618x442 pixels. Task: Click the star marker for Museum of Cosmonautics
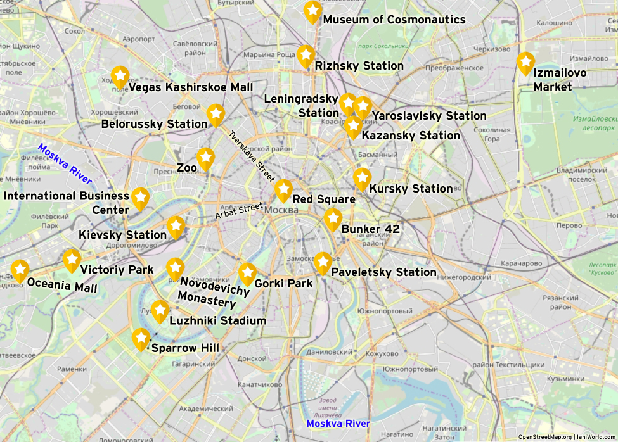(312, 12)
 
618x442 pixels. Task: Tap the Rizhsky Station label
(359, 66)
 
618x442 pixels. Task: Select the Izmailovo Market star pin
(525, 63)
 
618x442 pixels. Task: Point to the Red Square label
(323, 199)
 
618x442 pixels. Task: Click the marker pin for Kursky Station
(362, 179)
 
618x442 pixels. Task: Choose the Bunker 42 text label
(370, 229)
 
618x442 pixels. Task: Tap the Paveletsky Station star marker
(323, 263)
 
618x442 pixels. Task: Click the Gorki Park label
(283, 283)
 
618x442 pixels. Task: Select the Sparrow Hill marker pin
(141, 339)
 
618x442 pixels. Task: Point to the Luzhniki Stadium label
(217, 320)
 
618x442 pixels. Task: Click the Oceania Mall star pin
(20, 270)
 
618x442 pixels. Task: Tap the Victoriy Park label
(117, 270)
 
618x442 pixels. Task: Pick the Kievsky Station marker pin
(176, 227)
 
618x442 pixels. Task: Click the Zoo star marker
(205, 158)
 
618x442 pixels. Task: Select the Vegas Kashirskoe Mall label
(190, 87)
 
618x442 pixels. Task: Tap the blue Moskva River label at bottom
(338, 423)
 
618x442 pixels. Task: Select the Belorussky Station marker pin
(216, 115)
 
